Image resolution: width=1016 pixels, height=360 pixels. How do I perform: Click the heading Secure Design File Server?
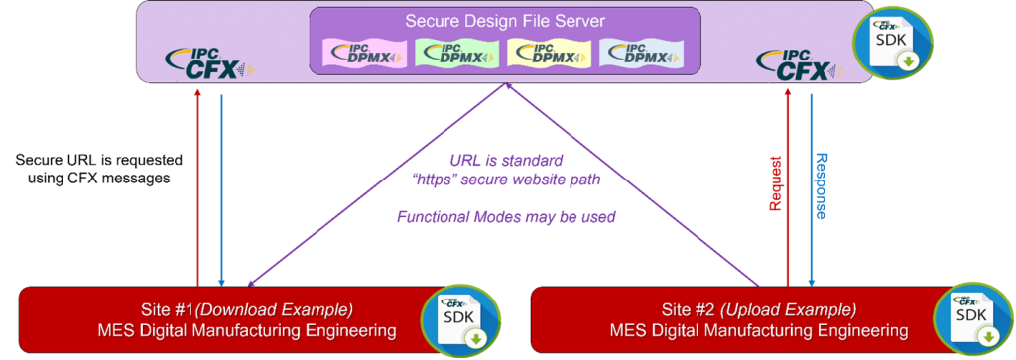pyautogui.click(x=504, y=21)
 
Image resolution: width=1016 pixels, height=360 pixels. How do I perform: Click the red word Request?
pyautogui.click(x=775, y=183)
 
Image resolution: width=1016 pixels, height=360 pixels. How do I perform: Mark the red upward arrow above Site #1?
pyautogui.click(x=198, y=188)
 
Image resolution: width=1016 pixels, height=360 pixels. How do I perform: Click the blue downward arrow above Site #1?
pyautogui.click(x=220, y=188)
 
